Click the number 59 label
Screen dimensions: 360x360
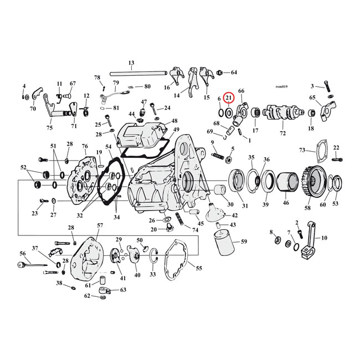(244, 241)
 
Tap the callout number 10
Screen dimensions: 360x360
(324, 238)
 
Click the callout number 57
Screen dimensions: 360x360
(100, 225)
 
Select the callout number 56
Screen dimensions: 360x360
(23, 254)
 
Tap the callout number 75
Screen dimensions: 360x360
(50, 128)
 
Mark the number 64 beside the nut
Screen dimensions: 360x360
(234, 73)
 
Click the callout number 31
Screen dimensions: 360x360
(244, 206)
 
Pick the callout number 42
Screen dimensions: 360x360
(234, 215)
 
